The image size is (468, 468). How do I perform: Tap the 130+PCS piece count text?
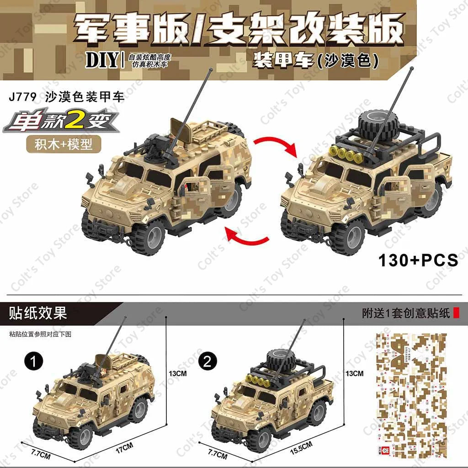[418, 260]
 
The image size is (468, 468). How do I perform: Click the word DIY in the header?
[102, 61]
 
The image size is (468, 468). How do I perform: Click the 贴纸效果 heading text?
[38, 313]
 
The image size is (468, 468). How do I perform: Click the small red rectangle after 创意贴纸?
[456, 313]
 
